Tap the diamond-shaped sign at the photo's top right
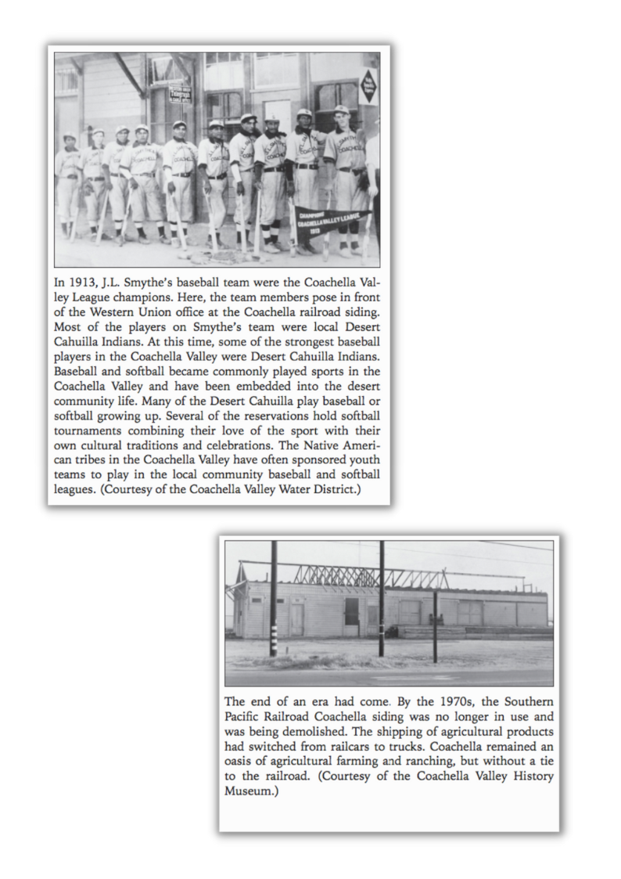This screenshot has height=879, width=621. [368, 85]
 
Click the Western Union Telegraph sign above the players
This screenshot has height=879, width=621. [180, 94]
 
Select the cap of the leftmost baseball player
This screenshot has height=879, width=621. [70, 138]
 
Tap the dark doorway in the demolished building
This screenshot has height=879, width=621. [351, 611]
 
